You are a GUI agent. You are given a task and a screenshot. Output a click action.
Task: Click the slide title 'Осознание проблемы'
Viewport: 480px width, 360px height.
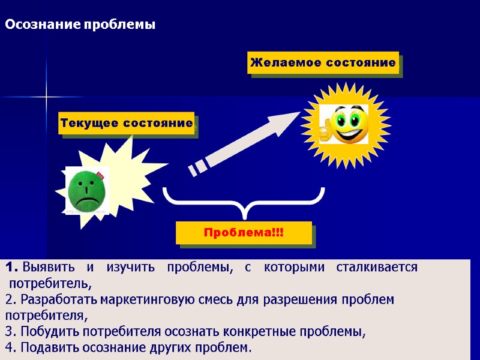(x=80, y=25)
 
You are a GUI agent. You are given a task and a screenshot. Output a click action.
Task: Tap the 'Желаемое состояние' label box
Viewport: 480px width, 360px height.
(x=323, y=62)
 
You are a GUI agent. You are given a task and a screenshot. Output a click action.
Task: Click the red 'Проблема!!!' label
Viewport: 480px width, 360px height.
(x=244, y=232)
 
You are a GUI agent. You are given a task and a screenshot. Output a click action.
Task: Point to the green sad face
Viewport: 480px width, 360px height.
(x=88, y=190)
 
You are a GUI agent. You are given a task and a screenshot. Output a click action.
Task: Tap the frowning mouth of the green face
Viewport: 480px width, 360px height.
(x=88, y=199)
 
